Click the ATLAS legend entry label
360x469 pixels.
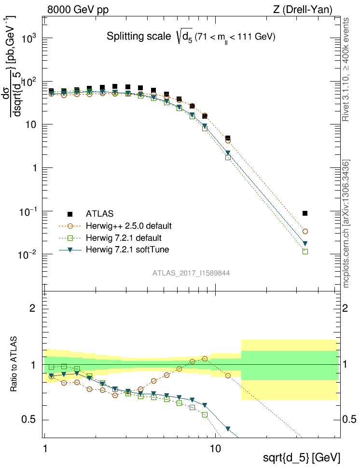[x=100, y=214]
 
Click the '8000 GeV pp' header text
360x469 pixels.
[x=78, y=10]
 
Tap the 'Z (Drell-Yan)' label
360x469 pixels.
[x=303, y=10]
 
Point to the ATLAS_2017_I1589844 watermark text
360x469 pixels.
[x=191, y=273]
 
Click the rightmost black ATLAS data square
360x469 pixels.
[x=305, y=213]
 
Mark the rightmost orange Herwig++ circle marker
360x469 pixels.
[x=305, y=232]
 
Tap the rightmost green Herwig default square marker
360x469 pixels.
[x=305, y=251]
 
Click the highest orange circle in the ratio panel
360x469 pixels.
[x=205, y=359]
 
